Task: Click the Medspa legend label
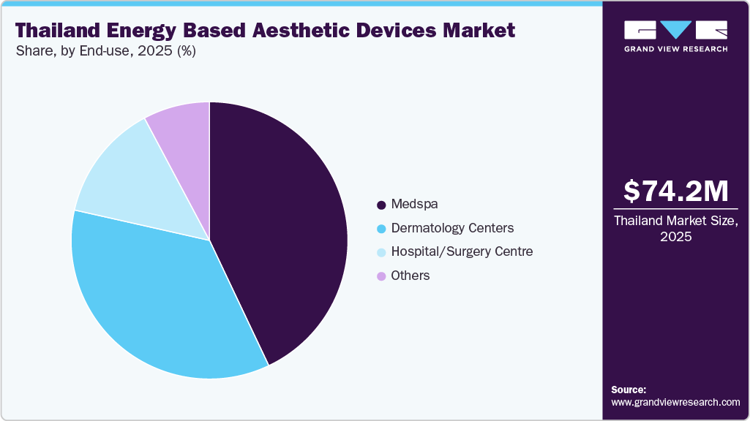pyautogui.click(x=414, y=204)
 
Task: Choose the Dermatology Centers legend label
pyautogui.click(x=452, y=228)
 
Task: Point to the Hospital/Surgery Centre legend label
pyautogui.click(x=462, y=251)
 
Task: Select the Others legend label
pyautogui.click(x=410, y=276)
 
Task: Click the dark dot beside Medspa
pyautogui.click(x=381, y=205)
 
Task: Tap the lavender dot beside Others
pyautogui.click(x=381, y=276)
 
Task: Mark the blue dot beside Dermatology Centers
pyautogui.click(x=381, y=229)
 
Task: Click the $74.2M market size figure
pyautogui.click(x=675, y=191)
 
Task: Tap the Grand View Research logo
pyautogui.click(x=675, y=36)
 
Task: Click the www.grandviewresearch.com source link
pyautogui.click(x=675, y=402)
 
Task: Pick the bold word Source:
pyautogui.click(x=629, y=390)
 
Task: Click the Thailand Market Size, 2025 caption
pyautogui.click(x=675, y=228)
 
